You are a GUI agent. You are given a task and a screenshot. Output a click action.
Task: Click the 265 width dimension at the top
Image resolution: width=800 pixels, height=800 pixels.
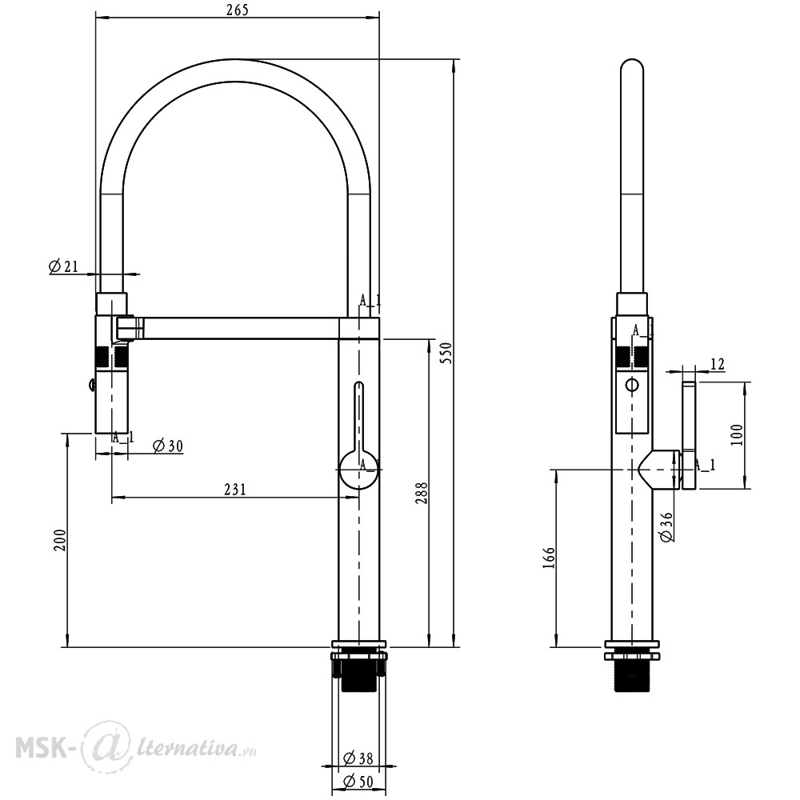[238, 10]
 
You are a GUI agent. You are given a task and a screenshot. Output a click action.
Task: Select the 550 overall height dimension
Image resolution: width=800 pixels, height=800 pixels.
[447, 353]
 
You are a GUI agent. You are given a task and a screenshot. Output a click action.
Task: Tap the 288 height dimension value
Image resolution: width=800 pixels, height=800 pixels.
[422, 493]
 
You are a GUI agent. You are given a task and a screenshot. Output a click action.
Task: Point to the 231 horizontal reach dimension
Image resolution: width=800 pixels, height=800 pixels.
[235, 490]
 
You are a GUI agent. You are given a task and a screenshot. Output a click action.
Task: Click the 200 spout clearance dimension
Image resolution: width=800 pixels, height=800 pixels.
[60, 540]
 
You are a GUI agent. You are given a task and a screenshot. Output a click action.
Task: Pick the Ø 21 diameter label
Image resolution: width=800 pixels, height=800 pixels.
[64, 266]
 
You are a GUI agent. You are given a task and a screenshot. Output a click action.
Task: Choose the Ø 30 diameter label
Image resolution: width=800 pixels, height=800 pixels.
[168, 446]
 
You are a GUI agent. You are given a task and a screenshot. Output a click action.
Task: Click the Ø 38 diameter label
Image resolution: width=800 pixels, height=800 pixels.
[358, 758]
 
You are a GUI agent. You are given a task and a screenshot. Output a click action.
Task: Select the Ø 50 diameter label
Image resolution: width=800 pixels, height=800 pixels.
[358, 781]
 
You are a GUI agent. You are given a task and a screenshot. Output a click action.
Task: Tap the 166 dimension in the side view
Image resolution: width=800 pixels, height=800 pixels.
[549, 558]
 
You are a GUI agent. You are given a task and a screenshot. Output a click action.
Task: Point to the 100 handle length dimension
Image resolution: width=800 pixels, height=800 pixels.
[738, 434]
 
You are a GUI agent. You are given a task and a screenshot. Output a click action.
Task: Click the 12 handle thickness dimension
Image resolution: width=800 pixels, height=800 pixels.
[717, 364]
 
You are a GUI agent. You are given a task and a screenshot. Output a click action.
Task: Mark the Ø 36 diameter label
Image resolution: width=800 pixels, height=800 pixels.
[666, 526]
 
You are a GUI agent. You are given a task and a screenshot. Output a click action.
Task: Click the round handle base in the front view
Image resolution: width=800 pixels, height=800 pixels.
[358, 470]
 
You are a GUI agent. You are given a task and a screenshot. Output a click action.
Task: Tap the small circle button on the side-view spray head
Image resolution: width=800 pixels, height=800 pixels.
[632, 384]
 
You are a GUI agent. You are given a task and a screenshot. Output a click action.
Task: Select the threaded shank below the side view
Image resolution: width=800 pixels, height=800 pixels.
[632, 674]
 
